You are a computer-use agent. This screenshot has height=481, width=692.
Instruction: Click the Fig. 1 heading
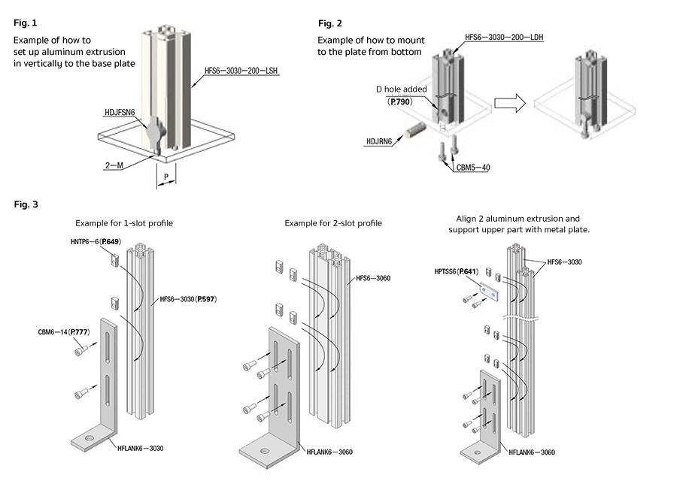click(x=23, y=23)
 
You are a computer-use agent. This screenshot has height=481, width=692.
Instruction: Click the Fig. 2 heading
click(x=330, y=23)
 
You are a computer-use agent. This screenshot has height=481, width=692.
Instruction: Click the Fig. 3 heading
click(x=23, y=204)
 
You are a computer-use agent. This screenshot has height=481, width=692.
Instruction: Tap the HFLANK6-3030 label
click(x=141, y=448)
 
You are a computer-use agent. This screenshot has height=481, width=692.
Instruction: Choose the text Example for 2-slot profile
click(x=333, y=223)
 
